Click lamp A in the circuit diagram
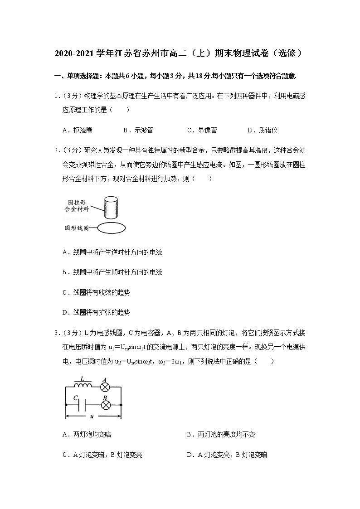pos(104,387)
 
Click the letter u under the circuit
pos(92,417)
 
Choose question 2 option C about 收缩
pos(96,292)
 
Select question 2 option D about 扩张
pos(96,312)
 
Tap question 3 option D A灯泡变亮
pos(227,455)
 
